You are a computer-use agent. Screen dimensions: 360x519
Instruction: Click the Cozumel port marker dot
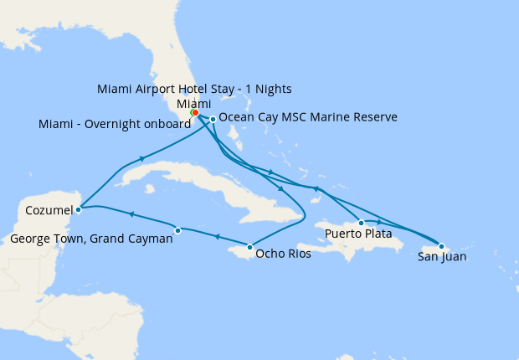point(78,209)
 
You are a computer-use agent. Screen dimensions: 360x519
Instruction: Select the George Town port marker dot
point(177,230)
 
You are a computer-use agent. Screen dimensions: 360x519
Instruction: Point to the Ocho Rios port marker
point(249,247)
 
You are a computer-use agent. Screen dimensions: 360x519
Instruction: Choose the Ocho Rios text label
point(283,254)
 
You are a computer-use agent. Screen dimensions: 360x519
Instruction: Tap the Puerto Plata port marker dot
point(361,223)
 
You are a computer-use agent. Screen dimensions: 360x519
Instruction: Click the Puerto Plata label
point(358,234)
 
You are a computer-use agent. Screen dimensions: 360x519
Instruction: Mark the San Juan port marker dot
point(441,246)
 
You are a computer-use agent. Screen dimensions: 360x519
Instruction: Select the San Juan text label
point(442,257)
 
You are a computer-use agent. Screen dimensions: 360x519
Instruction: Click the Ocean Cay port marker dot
point(213,119)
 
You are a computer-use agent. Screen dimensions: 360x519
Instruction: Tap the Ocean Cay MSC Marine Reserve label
point(307,118)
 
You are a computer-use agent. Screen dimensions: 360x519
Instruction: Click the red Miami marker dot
point(195,112)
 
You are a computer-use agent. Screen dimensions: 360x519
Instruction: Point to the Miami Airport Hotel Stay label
point(194,89)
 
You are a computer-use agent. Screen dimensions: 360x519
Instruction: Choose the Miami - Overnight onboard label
point(115,125)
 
